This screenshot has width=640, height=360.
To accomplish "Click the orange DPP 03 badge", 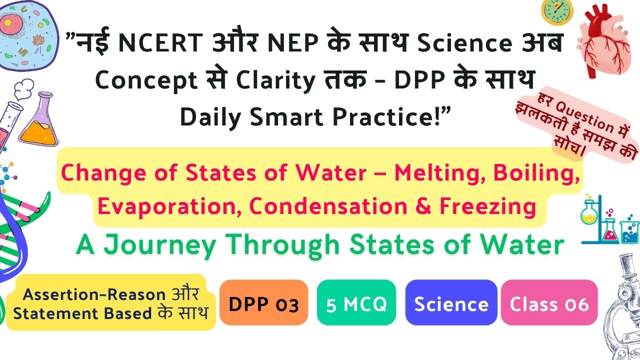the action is pos(263,302).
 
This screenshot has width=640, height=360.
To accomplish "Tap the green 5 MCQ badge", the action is pos(356,302).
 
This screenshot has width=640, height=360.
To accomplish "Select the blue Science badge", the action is pos(451,302).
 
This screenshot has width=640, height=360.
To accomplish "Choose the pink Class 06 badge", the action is pos(549,302).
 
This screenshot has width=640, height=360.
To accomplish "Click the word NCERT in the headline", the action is pos(160,42).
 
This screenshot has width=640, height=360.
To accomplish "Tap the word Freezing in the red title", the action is pos(487,207).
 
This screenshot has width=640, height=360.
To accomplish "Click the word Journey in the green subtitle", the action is pos(159,245).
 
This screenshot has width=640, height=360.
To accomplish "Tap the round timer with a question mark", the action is pos(557,11).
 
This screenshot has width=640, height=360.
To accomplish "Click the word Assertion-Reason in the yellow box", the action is pos(94,294).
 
